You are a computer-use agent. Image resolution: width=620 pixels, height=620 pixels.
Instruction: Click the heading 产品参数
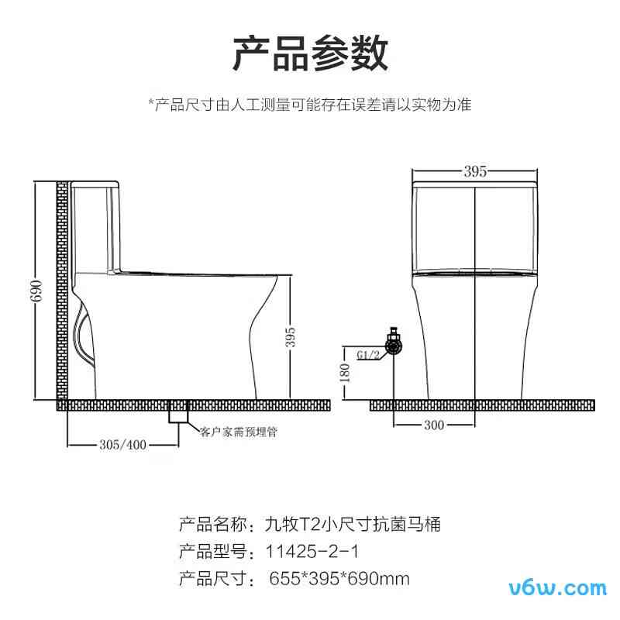pyautogui.click(x=311, y=53)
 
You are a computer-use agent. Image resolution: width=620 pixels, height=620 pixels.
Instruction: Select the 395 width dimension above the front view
pyautogui.click(x=474, y=172)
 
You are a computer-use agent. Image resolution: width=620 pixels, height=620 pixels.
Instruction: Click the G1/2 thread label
pyautogui.click(x=367, y=356)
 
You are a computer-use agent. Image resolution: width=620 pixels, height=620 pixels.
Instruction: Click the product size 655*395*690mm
pyautogui.click(x=339, y=578)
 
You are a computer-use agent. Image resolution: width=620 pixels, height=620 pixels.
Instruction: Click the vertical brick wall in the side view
pyautogui.click(x=62, y=294)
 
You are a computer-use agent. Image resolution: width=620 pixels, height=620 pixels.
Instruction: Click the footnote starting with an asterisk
pyautogui.click(x=310, y=104)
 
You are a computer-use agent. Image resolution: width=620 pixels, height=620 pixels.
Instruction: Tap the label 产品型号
pyautogui.click(x=211, y=552)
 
